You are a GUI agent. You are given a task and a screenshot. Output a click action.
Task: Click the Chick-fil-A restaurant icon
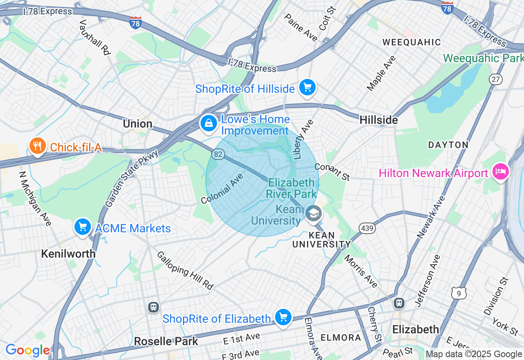tap(37, 146)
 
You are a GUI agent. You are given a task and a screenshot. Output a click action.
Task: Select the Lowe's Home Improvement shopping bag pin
tap(208, 123)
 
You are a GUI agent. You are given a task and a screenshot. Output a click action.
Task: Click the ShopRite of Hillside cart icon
tap(307, 88)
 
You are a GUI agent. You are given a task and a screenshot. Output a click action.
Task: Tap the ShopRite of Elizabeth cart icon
tap(283, 317)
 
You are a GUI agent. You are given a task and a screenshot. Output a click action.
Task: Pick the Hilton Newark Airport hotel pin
tap(500, 172)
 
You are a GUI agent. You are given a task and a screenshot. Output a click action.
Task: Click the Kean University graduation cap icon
tap(314, 214)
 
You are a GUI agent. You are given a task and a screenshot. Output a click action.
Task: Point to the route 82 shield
tap(218, 154)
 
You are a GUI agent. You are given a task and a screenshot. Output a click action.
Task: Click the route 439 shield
tap(367, 228)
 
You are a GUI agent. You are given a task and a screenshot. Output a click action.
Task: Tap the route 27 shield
tap(496, 79)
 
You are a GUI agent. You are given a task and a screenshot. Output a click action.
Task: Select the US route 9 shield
tap(459, 292)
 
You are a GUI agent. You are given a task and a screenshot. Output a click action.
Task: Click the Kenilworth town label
tap(68, 254)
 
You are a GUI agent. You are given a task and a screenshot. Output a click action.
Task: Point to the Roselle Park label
tap(166, 341)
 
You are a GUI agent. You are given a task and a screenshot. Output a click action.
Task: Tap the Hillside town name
tap(379, 120)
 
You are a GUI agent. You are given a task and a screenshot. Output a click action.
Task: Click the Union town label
tap(138, 124)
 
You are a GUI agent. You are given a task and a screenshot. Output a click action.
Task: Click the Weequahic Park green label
tap(483, 58)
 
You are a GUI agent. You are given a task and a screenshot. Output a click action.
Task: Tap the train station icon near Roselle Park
tap(154, 307)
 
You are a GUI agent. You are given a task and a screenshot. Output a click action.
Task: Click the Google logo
tap(27, 350)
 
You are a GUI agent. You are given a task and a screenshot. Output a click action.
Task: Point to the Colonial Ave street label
tap(222, 189)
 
